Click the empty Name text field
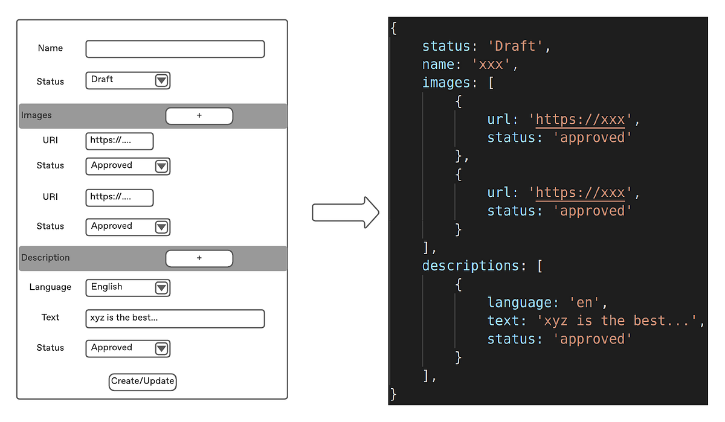pyautogui.click(x=175, y=49)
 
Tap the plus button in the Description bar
pyautogui.click(x=199, y=258)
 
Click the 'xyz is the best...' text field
pyautogui.click(x=175, y=318)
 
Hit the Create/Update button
pyautogui.click(x=143, y=381)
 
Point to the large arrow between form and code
pyautogui.click(x=345, y=213)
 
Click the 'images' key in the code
pyautogui.click(x=446, y=82)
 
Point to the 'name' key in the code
pyautogui.click(x=439, y=64)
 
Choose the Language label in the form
pyautogui.click(x=50, y=287)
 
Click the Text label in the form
pyautogui.click(x=50, y=318)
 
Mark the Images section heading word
pyautogui.click(x=36, y=115)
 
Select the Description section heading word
pyautogui.click(x=45, y=258)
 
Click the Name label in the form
pyautogui.click(x=50, y=48)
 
